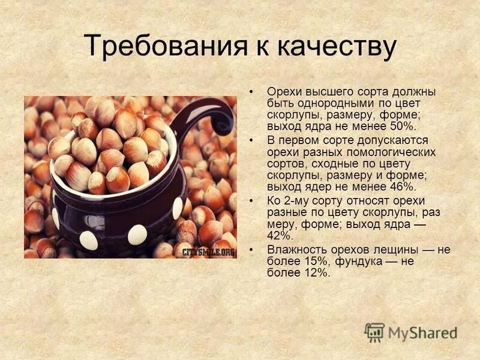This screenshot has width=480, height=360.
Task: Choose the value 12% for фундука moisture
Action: pyautogui.click(x=316, y=272)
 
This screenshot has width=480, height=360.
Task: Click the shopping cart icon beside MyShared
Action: pyautogui.click(x=374, y=332)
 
